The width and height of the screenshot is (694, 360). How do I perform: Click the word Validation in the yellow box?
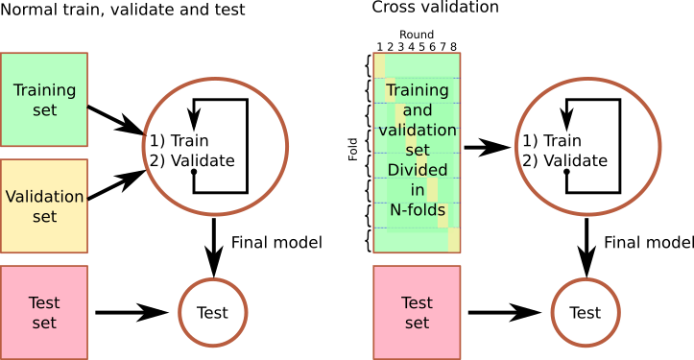coord(44,197)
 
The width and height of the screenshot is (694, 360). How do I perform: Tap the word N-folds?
coord(417,209)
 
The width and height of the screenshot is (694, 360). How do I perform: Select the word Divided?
coord(417,170)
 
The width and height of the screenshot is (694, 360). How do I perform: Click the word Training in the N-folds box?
coord(417,90)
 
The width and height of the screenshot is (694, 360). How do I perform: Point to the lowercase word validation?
coord(417,131)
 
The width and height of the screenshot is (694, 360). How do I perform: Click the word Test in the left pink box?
coord(44,303)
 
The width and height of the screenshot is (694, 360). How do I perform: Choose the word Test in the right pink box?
coord(417,303)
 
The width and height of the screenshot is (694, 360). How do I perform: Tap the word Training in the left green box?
coord(44,90)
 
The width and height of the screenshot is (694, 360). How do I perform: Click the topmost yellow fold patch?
coord(379,65)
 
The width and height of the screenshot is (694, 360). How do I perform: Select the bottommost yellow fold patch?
coord(454,240)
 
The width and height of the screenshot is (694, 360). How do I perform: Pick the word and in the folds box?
coord(417,110)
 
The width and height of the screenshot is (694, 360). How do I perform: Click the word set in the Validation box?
coord(44,217)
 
